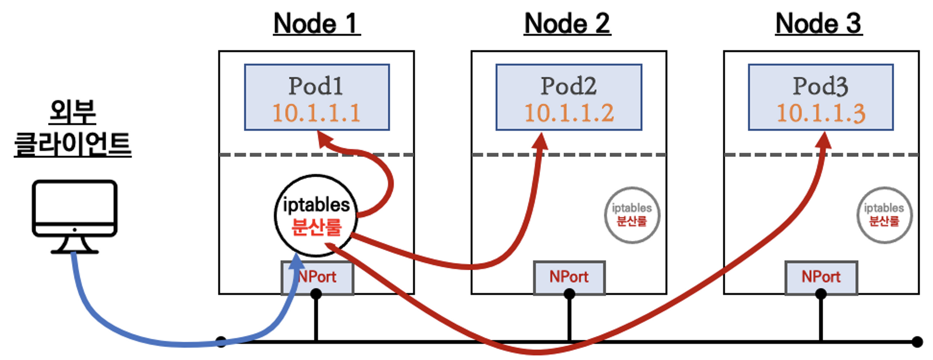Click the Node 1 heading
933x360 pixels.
point(317,24)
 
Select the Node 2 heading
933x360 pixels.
point(567,24)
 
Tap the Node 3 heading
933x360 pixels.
point(819,24)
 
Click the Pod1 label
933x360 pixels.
point(316,86)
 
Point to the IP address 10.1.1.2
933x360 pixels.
point(569,113)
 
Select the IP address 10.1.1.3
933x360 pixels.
point(821,113)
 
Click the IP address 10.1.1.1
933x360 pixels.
point(317,113)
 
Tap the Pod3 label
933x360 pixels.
point(820,86)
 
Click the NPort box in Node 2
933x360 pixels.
point(569,278)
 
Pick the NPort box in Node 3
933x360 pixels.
point(821,278)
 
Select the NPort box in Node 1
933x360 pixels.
point(318,278)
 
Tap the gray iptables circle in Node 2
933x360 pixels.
point(632,215)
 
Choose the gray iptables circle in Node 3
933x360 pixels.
point(884,215)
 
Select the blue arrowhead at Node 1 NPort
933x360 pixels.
point(296,262)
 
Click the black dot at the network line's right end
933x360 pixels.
point(917,342)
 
